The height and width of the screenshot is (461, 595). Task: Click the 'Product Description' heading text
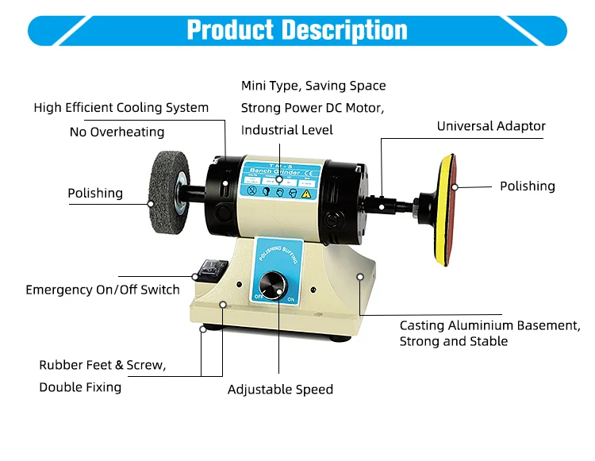(297, 30)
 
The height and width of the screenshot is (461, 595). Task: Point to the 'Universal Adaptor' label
(491, 126)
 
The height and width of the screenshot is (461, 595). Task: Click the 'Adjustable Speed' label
(280, 390)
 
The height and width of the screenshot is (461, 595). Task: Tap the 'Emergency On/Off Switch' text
(102, 290)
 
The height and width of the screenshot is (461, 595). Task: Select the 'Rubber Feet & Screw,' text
(102, 365)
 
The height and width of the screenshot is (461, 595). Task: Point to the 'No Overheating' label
(117, 132)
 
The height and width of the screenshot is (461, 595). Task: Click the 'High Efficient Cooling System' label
(121, 107)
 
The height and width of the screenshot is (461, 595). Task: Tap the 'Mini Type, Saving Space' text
(313, 85)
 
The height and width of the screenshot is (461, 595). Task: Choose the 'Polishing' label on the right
(527, 186)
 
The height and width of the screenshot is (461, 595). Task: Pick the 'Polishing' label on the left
(95, 193)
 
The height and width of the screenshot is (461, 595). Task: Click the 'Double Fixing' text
(80, 387)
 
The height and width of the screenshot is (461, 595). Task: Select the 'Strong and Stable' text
(453, 341)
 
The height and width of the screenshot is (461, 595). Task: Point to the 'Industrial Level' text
(286, 129)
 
